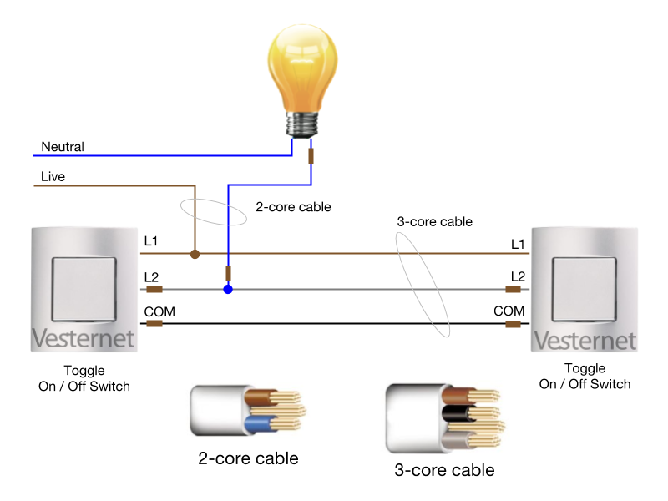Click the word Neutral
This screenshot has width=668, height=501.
point(63,147)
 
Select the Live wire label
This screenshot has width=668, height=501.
point(53,177)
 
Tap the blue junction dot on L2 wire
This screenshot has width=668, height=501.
point(227,290)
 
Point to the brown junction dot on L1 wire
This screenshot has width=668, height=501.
point(194,253)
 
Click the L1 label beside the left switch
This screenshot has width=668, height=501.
point(151,242)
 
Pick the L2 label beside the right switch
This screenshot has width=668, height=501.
point(518,276)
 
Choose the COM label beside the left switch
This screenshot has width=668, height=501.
point(159,311)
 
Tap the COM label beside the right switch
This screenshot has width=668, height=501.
point(509,311)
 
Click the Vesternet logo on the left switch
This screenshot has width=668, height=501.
point(83,339)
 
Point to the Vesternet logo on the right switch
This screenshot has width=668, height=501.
point(584,340)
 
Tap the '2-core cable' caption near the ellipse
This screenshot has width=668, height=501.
point(293,206)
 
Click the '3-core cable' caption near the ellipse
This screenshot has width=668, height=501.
point(434,222)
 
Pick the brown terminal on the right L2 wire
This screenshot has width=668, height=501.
point(514,290)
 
